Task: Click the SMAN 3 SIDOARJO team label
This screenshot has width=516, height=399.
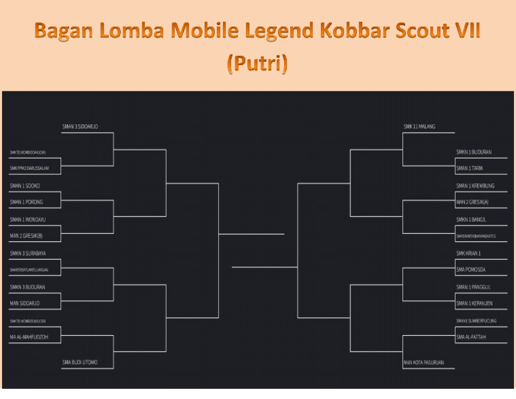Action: (x=80, y=126)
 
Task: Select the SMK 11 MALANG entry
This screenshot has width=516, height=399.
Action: (x=419, y=126)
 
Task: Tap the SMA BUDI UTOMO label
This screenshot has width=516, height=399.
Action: (x=80, y=362)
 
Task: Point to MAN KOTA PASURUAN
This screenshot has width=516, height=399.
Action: (x=423, y=363)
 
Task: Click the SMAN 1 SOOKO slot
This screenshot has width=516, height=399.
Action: (x=24, y=185)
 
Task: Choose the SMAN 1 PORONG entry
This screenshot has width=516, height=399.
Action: (x=26, y=202)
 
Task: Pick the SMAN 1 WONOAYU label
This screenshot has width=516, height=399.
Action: (x=28, y=219)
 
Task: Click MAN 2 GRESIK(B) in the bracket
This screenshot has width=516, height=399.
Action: (x=26, y=236)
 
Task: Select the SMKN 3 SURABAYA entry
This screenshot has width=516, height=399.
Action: (x=28, y=253)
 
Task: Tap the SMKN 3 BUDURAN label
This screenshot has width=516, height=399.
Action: (x=27, y=287)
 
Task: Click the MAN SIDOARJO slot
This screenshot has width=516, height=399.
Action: (x=24, y=303)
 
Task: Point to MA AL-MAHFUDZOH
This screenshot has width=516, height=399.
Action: (x=28, y=337)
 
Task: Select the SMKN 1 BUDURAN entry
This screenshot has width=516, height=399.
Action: (x=474, y=152)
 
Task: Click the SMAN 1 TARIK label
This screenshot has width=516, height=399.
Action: (x=470, y=169)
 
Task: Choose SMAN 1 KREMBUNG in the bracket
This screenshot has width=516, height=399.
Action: (x=475, y=185)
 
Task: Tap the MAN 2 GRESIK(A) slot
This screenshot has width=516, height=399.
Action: (x=472, y=202)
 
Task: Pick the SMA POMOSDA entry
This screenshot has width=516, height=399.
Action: (x=470, y=269)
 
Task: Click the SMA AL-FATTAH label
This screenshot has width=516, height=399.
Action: (x=471, y=337)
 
